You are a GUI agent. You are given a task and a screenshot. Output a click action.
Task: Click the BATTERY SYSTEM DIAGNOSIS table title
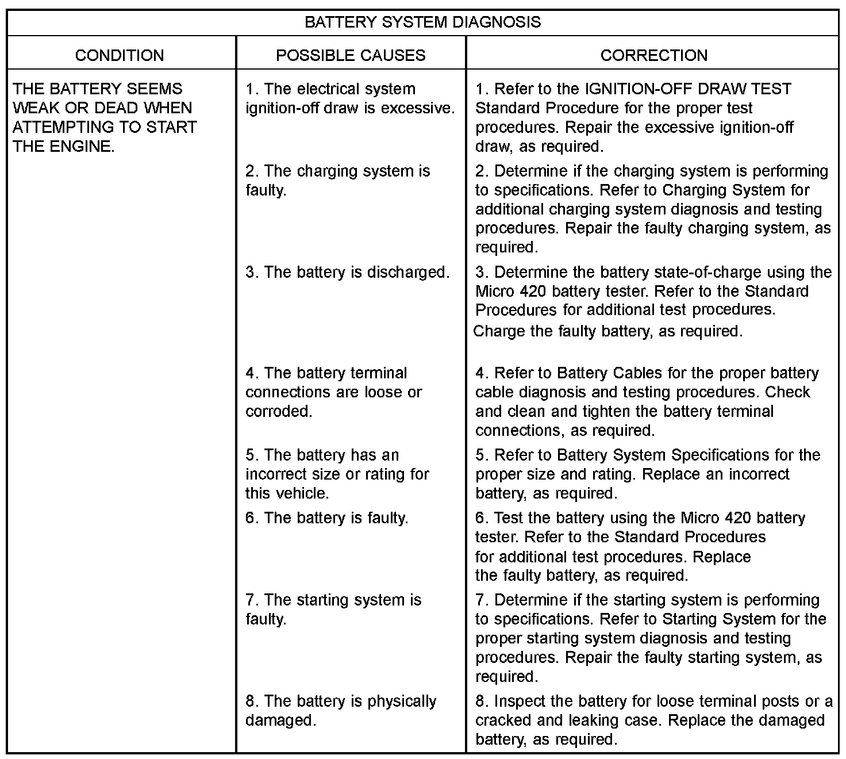[x=422, y=22]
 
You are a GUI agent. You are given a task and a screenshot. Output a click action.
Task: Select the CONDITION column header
[x=120, y=55]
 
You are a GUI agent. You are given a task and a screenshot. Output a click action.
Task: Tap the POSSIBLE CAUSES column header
[x=351, y=55]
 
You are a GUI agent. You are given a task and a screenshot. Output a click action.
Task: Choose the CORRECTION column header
[x=653, y=55]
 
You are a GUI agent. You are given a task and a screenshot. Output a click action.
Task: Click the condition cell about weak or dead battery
[x=105, y=117]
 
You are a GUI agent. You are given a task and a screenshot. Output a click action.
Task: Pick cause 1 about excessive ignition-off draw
[x=350, y=98]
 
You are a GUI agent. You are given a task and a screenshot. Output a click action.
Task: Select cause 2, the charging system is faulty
[x=337, y=180]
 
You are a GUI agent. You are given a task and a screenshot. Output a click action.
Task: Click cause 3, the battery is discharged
[x=347, y=272]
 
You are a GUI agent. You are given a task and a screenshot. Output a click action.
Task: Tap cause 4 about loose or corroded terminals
[x=333, y=392]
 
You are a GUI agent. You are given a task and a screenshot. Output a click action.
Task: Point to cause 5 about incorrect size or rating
[x=337, y=474]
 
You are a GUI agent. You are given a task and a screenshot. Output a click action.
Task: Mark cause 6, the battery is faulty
[x=326, y=518]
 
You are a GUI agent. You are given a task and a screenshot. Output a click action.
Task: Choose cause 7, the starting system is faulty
[x=333, y=609]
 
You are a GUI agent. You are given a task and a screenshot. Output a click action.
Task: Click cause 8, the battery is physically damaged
[x=341, y=710]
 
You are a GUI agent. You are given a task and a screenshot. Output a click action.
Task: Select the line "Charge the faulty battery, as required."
[x=607, y=331]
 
